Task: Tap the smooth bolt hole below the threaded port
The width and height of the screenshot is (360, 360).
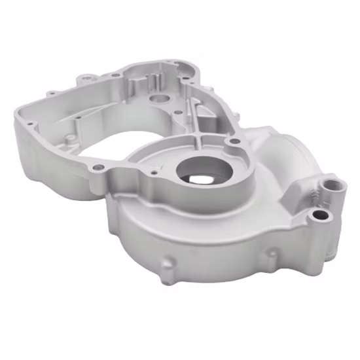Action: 319,215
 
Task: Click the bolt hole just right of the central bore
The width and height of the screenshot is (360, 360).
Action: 229,141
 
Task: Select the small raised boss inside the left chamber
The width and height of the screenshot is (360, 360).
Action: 77,119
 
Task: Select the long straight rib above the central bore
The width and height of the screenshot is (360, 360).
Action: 193,118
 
